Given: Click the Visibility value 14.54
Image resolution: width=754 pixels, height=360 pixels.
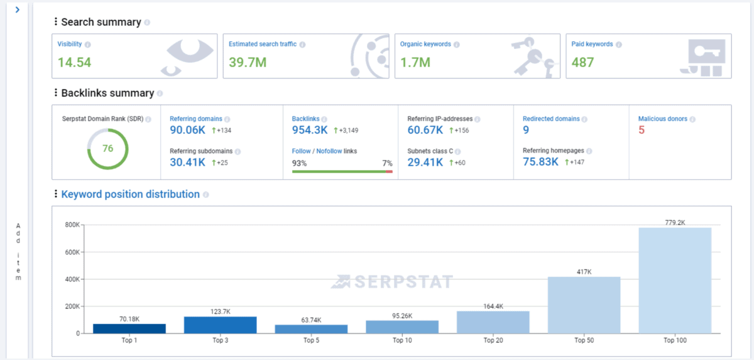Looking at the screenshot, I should (x=74, y=62).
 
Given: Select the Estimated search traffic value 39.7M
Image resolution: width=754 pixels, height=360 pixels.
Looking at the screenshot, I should (x=247, y=62).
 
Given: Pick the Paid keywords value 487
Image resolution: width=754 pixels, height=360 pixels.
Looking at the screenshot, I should (x=582, y=62).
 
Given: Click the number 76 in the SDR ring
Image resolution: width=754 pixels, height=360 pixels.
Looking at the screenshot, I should (x=107, y=149).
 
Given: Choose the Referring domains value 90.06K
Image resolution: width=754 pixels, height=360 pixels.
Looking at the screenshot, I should (x=188, y=130).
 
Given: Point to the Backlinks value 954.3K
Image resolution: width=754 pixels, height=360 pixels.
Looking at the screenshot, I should (x=309, y=130).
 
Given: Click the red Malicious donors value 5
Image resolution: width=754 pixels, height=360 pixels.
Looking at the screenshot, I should (x=642, y=130).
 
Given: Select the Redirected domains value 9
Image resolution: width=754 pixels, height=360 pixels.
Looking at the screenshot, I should (x=526, y=130).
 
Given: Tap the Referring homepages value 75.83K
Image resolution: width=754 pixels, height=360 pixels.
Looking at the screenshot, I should (x=541, y=162).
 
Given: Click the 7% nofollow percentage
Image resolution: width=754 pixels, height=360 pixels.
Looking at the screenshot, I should (x=387, y=163).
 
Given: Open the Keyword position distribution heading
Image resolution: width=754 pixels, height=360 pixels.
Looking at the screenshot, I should (x=130, y=194).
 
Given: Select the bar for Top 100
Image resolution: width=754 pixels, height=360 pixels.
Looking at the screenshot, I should (x=675, y=280).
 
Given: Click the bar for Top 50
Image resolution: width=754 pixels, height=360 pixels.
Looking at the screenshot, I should (x=584, y=305).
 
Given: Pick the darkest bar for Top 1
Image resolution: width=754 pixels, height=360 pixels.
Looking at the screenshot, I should (x=129, y=328).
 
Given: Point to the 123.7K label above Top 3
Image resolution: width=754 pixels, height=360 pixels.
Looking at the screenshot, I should (x=220, y=312).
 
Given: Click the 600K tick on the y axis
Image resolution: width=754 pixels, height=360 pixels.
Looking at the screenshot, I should (x=72, y=252).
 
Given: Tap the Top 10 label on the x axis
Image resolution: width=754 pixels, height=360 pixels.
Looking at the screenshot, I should (x=402, y=341).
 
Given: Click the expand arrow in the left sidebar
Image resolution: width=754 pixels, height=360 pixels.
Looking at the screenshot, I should (x=17, y=9).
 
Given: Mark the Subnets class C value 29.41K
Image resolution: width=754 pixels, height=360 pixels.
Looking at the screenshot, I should (x=425, y=162).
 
